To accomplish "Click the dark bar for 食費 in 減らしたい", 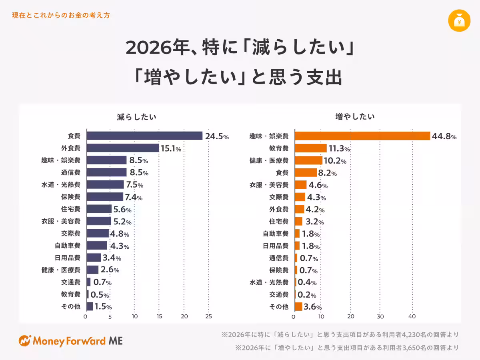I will click(144, 136).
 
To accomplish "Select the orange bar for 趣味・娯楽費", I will click(362, 136).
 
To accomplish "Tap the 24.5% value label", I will click(217, 136).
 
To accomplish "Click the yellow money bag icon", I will click(459, 21).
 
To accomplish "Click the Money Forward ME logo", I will click(71, 341).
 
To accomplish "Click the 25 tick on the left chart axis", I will click(208, 317).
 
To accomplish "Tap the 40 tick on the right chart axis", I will click(412, 317).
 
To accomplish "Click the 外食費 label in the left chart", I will click(71, 148).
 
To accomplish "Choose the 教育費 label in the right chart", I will click(279, 148).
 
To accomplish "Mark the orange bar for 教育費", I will click(311, 148).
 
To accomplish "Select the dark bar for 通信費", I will click(107, 172).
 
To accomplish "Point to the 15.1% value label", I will click(171, 148).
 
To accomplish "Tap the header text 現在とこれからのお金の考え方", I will click(61, 16).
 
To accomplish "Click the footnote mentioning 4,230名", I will click(340, 334).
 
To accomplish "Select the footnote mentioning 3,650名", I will click(347, 348).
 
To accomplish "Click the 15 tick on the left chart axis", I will click(159, 317).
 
